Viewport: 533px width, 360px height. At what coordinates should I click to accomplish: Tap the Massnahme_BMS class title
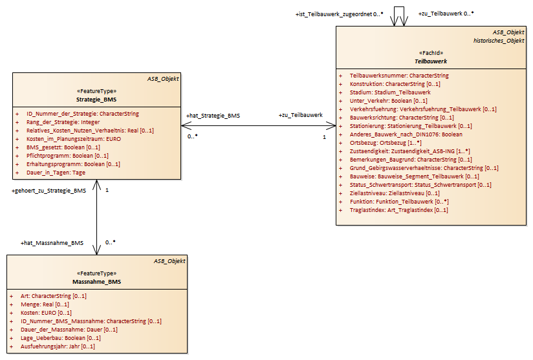(x=96, y=282)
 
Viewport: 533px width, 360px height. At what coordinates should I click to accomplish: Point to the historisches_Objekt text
(x=498, y=40)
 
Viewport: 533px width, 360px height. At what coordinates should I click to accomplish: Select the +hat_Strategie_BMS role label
(x=213, y=116)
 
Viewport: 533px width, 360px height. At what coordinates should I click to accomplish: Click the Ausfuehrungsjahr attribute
(x=58, y=346)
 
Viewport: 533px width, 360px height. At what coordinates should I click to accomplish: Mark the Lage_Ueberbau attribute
(x=60, y=338)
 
